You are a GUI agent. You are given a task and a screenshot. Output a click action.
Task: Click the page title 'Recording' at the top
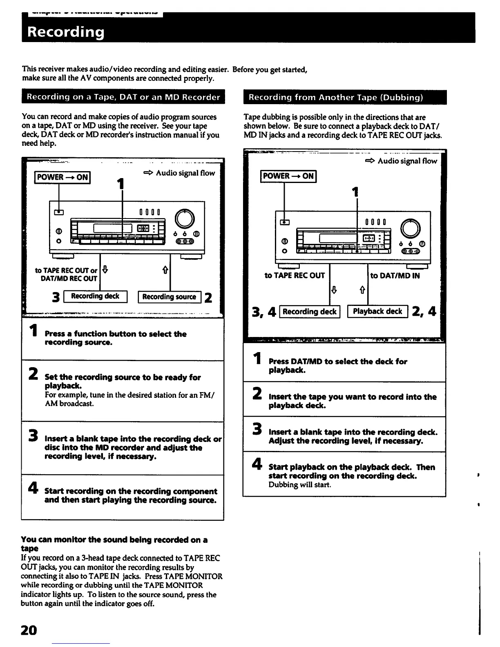pos(66,32)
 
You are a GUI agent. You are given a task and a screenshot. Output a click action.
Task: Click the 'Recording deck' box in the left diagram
pos(95,297)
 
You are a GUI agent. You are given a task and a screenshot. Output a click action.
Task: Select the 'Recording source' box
pos(170,297)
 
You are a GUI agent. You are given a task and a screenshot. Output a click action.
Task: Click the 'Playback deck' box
pos(377,312)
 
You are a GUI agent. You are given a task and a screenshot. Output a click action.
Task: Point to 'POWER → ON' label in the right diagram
pos(288,176)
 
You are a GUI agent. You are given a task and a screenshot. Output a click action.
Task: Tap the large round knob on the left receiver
pos(184,219)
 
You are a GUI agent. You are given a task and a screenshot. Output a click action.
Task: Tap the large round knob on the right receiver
pos(411,228)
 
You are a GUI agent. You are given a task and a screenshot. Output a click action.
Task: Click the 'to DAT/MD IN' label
pos(395,276)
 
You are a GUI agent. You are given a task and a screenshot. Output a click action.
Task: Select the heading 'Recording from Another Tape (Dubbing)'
pos(336,98)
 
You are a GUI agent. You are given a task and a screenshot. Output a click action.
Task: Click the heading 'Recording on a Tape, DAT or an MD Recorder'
pos(123,97)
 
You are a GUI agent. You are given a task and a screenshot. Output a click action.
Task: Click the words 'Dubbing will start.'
pos(299,485)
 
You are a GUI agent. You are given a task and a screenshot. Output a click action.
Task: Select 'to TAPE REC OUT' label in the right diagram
pos(295,276)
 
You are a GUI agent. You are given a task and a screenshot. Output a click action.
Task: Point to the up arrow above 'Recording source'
pos(166,270)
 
